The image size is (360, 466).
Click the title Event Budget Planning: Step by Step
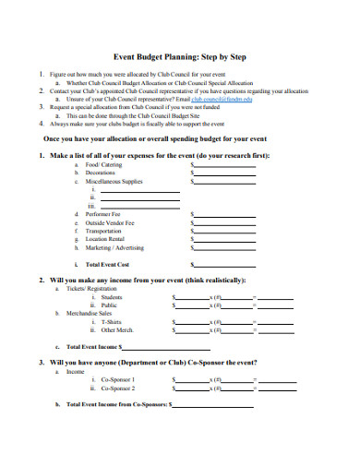pyautogui.click(x=179, y=54)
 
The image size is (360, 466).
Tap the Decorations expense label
pyautogui.click(x=101, y=172)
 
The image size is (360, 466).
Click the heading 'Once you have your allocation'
pyautogui.click(x=179, y=138)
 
